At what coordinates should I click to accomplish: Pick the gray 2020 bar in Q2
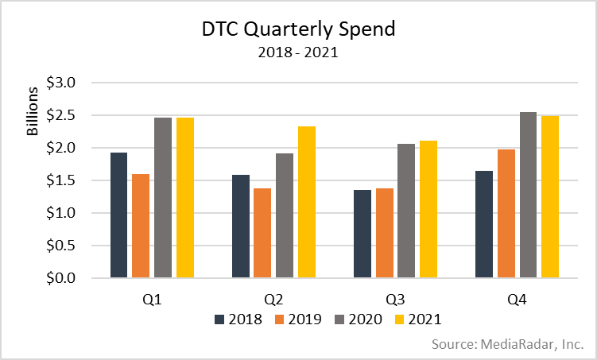pyautogui.click(x=283, y=215)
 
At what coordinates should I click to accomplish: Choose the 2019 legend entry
pyautogui.click(x=296, y=319)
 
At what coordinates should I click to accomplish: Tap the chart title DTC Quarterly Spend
pyautogui.click(x=298, y=30)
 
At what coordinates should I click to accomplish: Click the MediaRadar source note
pyautogui.click(x=508, y=344)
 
